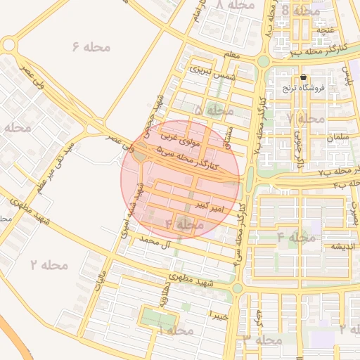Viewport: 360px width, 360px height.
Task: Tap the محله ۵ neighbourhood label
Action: [214, 110]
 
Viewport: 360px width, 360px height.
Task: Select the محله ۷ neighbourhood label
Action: [307, 118]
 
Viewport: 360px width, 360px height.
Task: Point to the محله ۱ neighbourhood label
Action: [175, 330]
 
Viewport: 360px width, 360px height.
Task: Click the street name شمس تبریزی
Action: [211, 72]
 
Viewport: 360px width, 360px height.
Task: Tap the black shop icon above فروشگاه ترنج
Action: [303, 77]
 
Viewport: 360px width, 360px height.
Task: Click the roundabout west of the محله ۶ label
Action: [9, 46]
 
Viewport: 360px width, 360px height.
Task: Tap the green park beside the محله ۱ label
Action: [159, 318]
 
